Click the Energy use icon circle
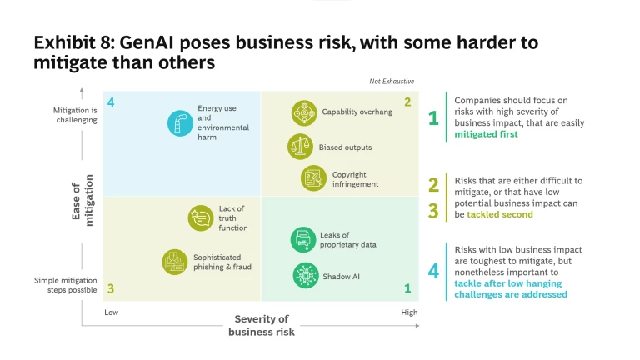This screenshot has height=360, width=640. pyautogui.click(x=179, y=123)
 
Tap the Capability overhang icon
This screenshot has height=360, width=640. pyautogui.click(x=303, y=112)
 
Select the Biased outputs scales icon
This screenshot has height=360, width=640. pyautogui.click(x=300, y=147)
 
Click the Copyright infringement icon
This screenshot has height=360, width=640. pyautogui.click(x=313, y=178)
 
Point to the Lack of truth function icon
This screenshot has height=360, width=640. pyautogui.click(x=201, y=217)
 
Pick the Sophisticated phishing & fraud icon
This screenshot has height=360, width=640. pyautogui.click(x=175, y=262)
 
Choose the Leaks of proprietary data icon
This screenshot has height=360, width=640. pyautogui.click(x=302, y=240)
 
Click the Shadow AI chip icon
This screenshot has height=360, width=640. pyautogui.click(x=304, y=274)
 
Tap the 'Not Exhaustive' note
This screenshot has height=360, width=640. pyautogui.click(x=392, y=81)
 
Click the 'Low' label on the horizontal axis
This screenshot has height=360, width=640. pyautogui.click(x=111, y=312)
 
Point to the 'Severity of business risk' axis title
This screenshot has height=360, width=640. pyautogui.click(x=261, y=325)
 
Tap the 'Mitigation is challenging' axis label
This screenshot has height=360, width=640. pyautogui.click(x=75, y=114)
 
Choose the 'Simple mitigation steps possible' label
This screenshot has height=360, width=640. pyautogui.click(x=66, y=285)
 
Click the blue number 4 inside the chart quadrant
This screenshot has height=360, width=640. pyautogui.click(x=111, y=102)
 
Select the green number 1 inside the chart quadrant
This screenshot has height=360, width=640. pyautogui.click(x=407, y=288)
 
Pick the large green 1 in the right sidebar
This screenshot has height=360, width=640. pyautogui.click(x=433, y=118)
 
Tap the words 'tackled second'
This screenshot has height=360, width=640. pyautogui.click(x=500, y=214)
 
